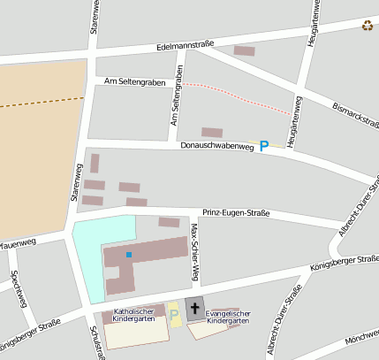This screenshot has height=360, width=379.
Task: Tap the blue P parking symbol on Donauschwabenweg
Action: tap(263, 146)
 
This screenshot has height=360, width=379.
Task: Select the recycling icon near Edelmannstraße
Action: tap(367, 25)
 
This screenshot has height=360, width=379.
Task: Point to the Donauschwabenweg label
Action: tap(216, 146)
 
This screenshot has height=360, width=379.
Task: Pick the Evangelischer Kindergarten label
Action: tap(228, 318)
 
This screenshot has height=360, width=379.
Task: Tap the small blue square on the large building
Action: tap(128, 255)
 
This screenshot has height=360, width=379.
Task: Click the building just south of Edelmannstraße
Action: tap(244, 50)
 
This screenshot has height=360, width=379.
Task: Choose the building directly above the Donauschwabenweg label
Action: tap(212, 133)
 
